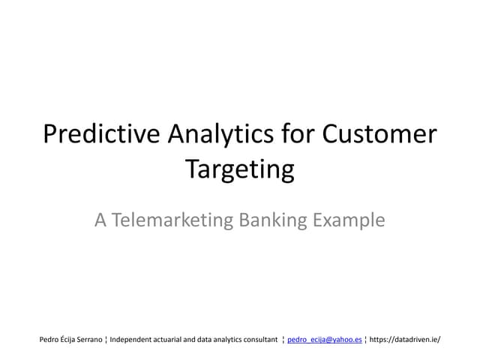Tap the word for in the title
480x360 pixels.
[x=298, y=134]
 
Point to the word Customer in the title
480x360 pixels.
[x=379, y=134]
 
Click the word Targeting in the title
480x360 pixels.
[x=240, y=169]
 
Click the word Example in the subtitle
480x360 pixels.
[x=349, y=220]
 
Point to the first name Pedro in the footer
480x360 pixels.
[x=49, y=340]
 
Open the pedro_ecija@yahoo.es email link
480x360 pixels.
[x=325, y=340]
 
